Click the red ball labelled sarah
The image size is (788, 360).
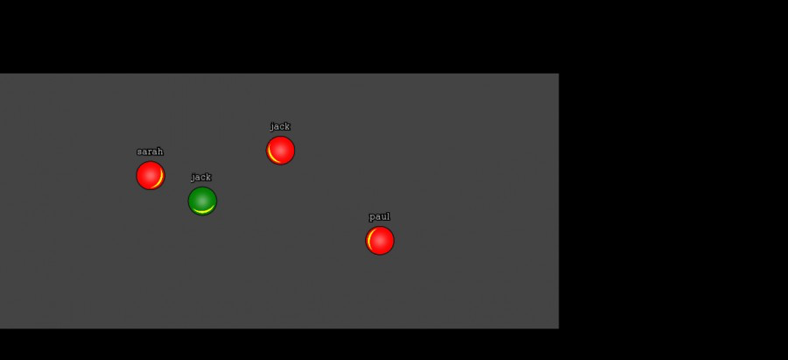tap(151, 175)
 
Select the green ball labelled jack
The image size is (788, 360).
tap(202, 201)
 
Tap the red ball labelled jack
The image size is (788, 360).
tap(280, 151)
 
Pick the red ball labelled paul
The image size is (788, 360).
tap(380, 240)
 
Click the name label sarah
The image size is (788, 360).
tap(151, 152)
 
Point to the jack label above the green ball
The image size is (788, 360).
tap(201, 177)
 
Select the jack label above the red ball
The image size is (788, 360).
tap(280, 126)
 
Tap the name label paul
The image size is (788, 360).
tap(379, 216)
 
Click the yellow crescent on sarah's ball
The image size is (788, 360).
tap(160, 179)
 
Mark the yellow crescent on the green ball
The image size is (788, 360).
tap(203, 212)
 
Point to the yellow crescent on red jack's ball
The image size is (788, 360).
tap(271, 154)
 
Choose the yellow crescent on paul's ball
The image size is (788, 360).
tap(369, 240)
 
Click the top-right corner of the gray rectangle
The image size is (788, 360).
tap(559, 74)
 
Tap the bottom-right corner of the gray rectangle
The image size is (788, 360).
tap(559, 328)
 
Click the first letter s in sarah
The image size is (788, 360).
tap(140, 152)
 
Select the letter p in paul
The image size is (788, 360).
tap(372, 218)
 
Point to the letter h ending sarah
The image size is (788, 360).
tap(161, 152)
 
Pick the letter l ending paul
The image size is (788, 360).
tap(388, 216)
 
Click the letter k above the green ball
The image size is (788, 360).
tap(208, 176)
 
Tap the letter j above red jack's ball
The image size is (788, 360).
tap(272, 127)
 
